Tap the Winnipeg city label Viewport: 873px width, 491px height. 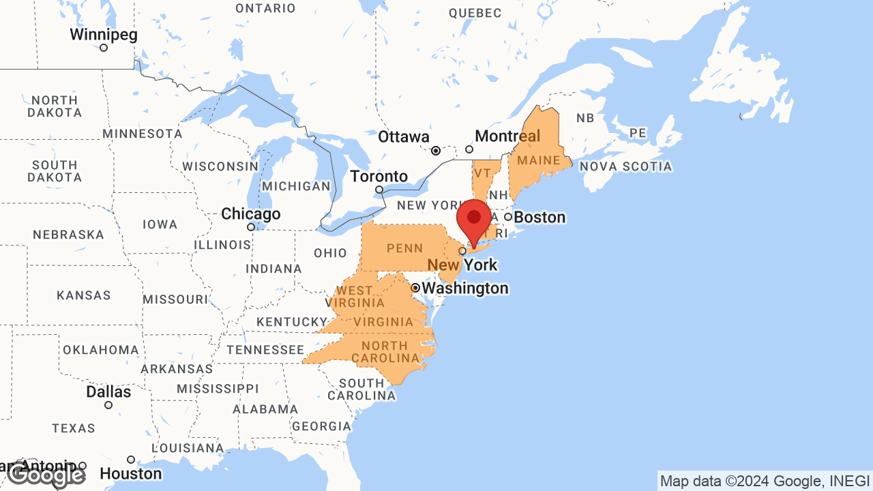point(104,35)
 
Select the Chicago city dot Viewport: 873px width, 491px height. point(251,227)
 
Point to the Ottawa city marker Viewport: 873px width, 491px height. point(436,150)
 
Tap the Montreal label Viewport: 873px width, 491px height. point(507,136)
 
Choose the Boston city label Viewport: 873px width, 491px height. point(539,218)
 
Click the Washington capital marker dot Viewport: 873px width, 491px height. point(415,288)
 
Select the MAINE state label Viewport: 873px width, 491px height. point(539,161)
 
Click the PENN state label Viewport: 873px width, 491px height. point(405,248)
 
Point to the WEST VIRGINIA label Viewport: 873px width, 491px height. point(355,297)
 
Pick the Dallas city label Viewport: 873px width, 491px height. point(108,392)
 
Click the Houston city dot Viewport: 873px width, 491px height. point(131,460)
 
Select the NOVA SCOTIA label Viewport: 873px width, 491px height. point(625,166)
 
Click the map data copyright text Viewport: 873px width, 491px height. point(765,481)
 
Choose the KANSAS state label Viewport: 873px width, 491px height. point(83,296)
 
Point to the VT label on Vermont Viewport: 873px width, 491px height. point(482,172)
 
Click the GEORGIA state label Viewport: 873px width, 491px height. point(321,427)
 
